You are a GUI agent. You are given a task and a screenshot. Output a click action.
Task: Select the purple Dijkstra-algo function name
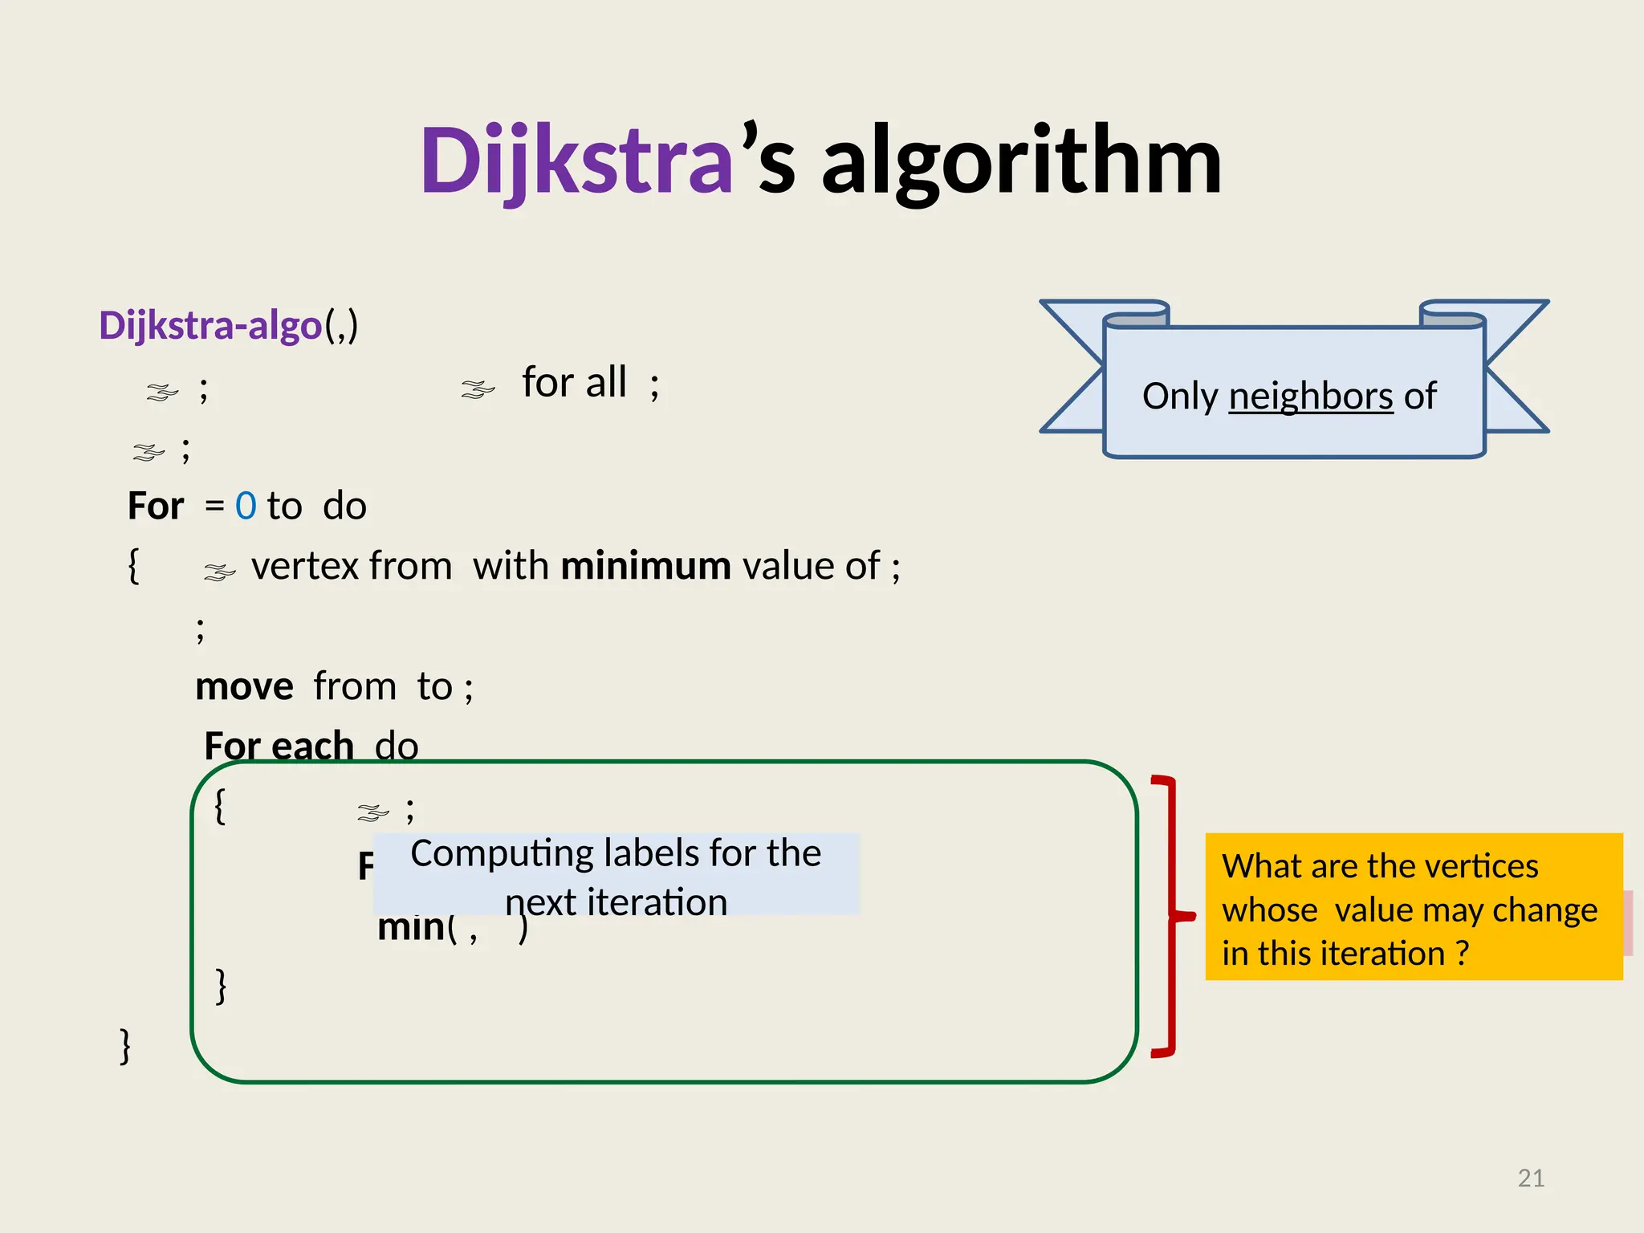tap(210, 326)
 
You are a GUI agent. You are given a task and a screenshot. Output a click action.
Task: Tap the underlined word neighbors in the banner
tap(1311, 397)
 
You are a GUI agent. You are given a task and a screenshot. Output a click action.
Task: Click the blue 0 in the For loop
tap(246, 507)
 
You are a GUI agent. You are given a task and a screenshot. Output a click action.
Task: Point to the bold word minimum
tap(645, 566)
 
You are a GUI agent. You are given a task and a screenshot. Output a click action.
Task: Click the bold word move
tap(244, 687)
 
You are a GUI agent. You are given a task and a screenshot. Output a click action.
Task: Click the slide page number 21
tap(1531, 1178)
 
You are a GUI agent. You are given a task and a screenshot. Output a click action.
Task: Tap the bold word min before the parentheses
tap(411, 928)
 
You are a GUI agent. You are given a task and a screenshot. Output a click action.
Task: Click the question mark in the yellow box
tap(1463, 954)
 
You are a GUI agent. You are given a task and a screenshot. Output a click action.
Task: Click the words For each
tap(279, 747)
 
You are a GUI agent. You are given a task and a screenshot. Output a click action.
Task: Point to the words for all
tap(574, 382)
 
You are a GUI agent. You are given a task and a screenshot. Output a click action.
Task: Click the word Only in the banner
tap(1180, 397)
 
